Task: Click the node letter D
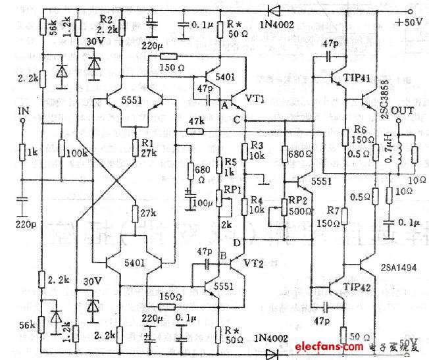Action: [x=237, y=243]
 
